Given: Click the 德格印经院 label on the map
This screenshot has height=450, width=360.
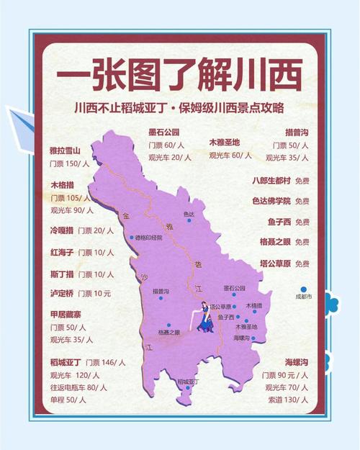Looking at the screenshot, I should [156, 237].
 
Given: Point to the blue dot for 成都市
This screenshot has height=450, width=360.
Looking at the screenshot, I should [305, 289].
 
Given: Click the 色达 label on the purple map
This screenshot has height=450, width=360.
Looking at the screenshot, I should [189, 214].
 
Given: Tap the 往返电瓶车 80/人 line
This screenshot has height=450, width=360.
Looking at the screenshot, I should [78, 387].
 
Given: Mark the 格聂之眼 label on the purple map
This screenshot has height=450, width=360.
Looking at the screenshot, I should [169, 332].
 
